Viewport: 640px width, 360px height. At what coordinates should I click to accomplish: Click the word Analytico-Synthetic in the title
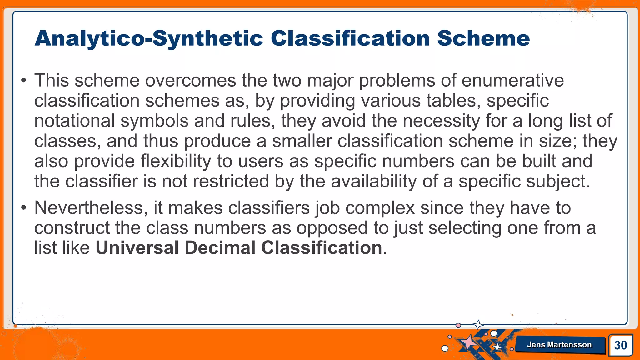[x=149, y=39]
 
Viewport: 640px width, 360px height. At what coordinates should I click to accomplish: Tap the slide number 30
[x=620, y=345]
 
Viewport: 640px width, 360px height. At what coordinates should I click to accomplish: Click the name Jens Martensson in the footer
[x=559, y=345]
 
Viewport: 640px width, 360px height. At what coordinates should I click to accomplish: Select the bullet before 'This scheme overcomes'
[x=24, y=81]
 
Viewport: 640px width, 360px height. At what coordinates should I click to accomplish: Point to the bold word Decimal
[x=220, y=248]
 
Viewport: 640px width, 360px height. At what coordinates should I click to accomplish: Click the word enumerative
[x=512, y=80]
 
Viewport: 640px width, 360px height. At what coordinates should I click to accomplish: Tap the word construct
[x=72, y=228]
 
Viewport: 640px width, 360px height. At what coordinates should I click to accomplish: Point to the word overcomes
[x=190, y=80]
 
